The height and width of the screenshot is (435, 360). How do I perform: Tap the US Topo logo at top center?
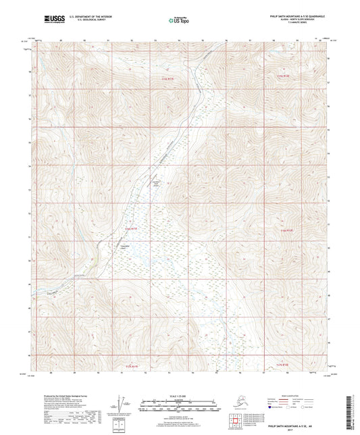pyautogui.click(x=179, y=22)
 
